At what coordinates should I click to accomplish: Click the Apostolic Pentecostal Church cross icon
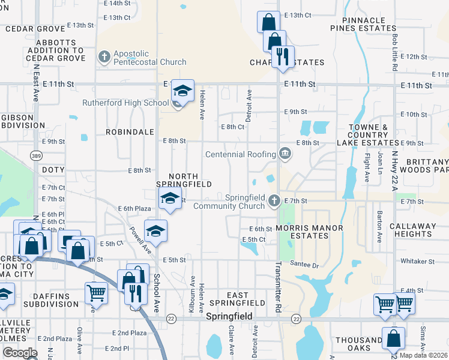coord(104,57)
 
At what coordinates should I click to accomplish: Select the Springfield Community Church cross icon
coord(274,200)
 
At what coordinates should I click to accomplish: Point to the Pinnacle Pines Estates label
coord(364,23)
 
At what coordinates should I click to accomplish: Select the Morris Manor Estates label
coord(310,232)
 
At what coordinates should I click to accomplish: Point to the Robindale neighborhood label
coord(126,131)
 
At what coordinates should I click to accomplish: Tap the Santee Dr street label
coord(303,264)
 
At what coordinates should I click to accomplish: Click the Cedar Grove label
coord(34,29)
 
